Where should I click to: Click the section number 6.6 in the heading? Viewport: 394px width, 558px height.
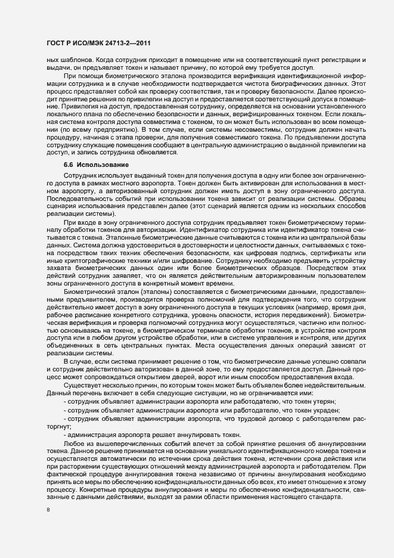70,164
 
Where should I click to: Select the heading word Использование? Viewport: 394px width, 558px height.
101,164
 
